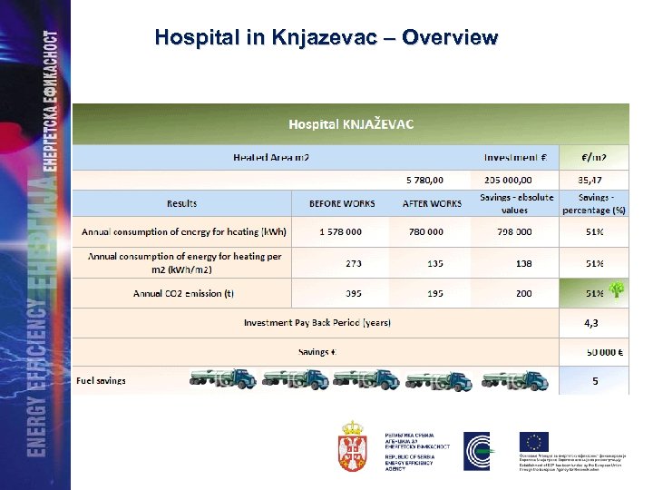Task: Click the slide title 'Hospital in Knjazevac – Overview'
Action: pyautogui.click(x=326, y=37)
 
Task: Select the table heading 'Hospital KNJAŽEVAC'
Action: pyautogui.click(x=351, y=123)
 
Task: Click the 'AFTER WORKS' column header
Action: pyautogui.click(x=432, y=203)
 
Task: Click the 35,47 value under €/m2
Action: pyautogui.click(x=594, y=180)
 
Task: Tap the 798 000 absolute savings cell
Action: pyautogui.click(x=513, y=231)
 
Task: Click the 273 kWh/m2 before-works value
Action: pyautogui.click(x=353, y=263)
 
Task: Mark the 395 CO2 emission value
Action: pyautogui.click(x=353, y=293)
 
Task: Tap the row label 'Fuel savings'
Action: pyautogui.click(x=102, y=381)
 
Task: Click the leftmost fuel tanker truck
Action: pyautogui.click(x=222, y=379)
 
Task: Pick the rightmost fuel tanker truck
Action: pyautogui.click(x=517, y=379)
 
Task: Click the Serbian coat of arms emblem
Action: pyautogui.click(x=352, y=445)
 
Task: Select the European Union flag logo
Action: pyautogui.click(x=534, y=441)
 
